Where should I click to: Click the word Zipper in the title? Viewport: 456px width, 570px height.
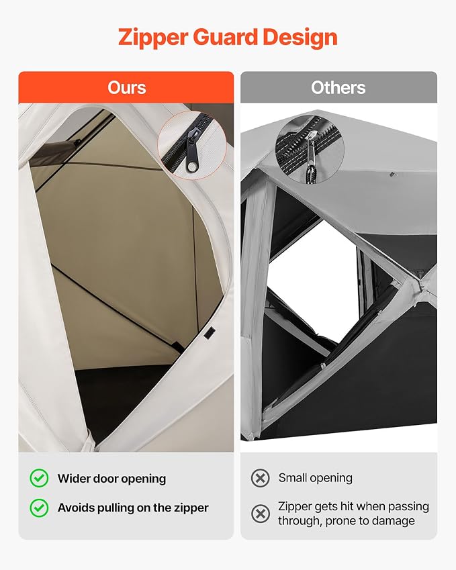coord(153,38)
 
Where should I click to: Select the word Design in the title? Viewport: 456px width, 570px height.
coord(300,38)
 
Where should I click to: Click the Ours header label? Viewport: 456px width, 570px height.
coord(126,87)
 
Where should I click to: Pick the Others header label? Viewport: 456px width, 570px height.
coord(338,87)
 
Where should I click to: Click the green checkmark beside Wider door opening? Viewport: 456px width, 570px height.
coord(39,478)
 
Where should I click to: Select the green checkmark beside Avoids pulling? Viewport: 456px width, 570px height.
coord(39,508)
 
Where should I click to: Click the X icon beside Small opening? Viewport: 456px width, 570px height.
coord(261,477)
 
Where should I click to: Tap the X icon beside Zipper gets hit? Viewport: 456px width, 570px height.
coord(261,514)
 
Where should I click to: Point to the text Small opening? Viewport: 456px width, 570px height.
coord(315,478)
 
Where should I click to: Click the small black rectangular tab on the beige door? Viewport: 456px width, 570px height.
coord(209,332)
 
